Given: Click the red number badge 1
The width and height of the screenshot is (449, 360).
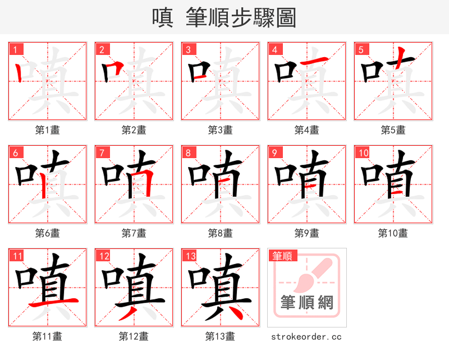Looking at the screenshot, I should click(x=15, y=49).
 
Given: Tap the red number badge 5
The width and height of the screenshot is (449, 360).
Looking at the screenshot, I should click(x=361, y=49).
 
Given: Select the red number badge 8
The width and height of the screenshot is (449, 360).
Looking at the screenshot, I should click(x=188, y=153).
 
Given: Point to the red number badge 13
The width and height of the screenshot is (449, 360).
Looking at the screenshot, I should click(x=190, y=256).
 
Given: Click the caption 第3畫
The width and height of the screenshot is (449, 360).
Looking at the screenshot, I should click(x=220, y=130).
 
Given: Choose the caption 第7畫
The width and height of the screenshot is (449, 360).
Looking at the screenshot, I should click(x=134, y=233).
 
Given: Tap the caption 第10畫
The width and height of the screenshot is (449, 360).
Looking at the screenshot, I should click(x=393, y=233).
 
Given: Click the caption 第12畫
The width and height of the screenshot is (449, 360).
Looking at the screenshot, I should click(x=134, y=336).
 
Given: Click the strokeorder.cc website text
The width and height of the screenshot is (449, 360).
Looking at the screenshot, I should click(x=306, y=337).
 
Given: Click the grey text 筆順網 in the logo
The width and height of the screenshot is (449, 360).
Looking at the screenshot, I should click(x=307, y=303).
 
